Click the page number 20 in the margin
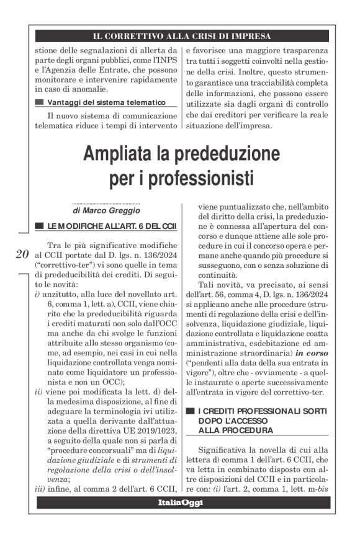point(20,254)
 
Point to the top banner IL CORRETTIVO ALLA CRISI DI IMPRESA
point(181,35)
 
